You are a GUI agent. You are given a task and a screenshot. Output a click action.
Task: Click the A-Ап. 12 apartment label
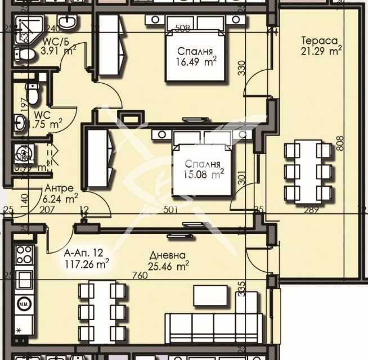point(83,253)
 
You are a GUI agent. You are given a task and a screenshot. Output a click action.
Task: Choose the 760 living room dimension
point(140,276)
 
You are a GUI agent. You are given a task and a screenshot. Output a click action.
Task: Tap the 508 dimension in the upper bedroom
point(181,29)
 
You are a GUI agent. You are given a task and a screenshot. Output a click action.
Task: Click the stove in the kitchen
point(23,255)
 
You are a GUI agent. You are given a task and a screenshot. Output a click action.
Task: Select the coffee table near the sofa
point(211,296)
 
